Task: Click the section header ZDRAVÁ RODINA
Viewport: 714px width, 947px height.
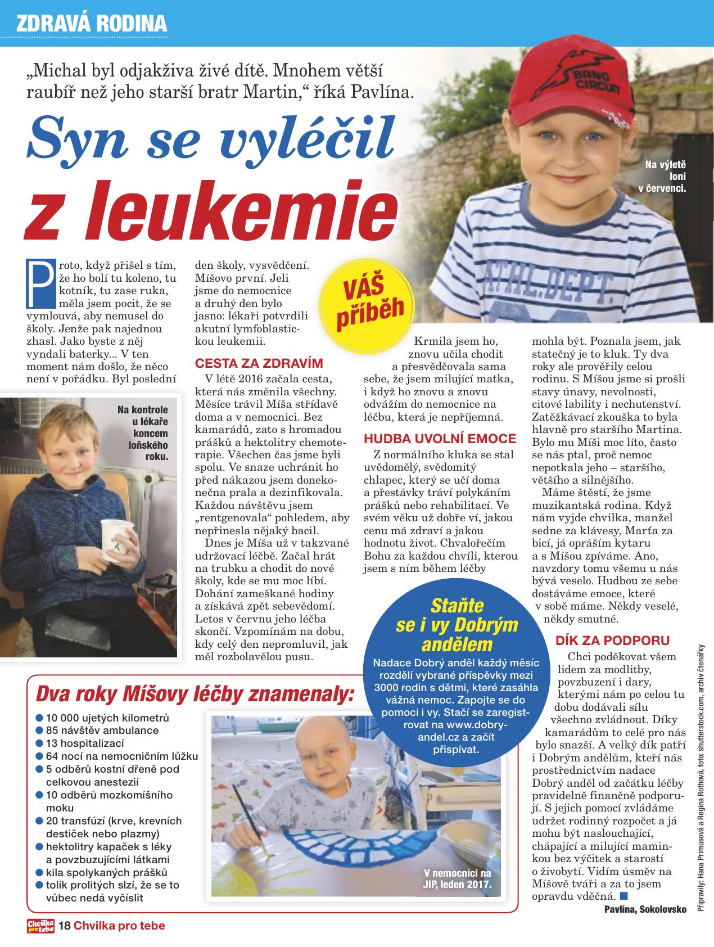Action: pos(92,24)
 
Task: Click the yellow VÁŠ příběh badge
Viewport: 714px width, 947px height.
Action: pos(368,299)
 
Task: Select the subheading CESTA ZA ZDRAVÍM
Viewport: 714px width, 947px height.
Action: pos(259,363)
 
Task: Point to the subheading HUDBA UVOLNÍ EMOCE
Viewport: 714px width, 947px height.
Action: pos(440,439)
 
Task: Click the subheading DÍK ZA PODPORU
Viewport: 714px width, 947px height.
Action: pos(612,640)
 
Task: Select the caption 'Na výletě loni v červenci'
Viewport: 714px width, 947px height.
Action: pos(664,177)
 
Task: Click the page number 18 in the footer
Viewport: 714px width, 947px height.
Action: pos(65,925)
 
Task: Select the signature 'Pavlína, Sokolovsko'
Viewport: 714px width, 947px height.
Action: pos(645,910)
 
